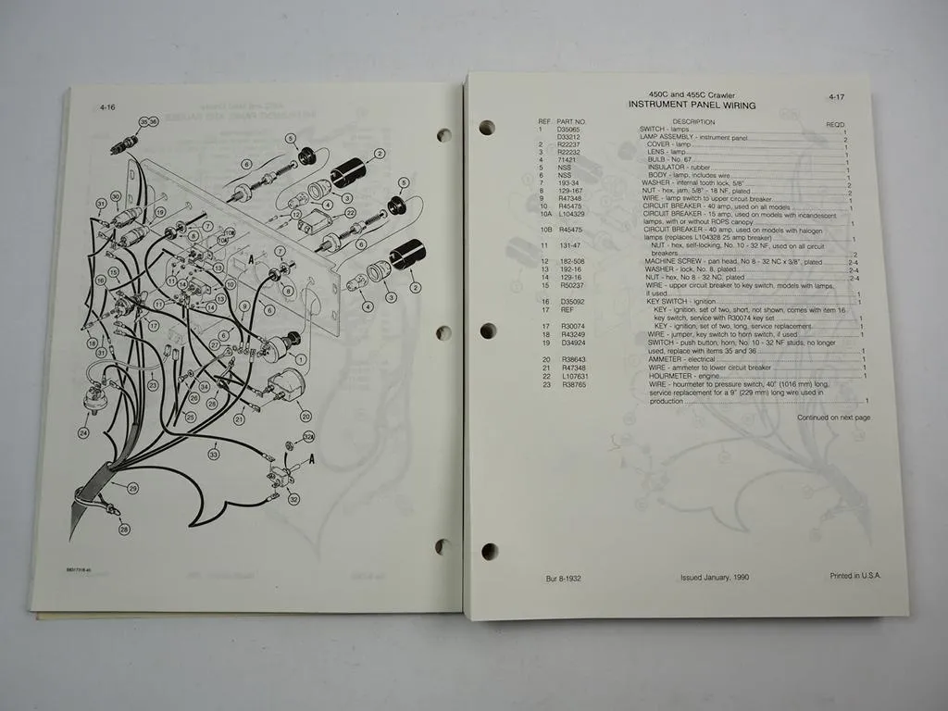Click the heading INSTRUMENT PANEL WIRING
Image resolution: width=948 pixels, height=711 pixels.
[692, 106]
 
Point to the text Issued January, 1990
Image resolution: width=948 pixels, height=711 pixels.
[715, 577]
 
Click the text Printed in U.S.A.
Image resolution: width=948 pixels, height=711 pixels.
[855, 575]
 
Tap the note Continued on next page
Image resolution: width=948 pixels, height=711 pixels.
[833, 418]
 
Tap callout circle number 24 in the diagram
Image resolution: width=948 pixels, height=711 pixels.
[84, 432]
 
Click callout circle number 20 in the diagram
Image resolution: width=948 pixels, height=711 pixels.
[306, 416]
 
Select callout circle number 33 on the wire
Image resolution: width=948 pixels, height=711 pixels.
[214, 455]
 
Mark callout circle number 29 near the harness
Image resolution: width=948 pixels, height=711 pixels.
[132, 488]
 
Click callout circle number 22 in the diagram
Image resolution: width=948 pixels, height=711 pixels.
[351, 212]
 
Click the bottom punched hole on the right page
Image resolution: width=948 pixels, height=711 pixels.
[489, 552]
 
